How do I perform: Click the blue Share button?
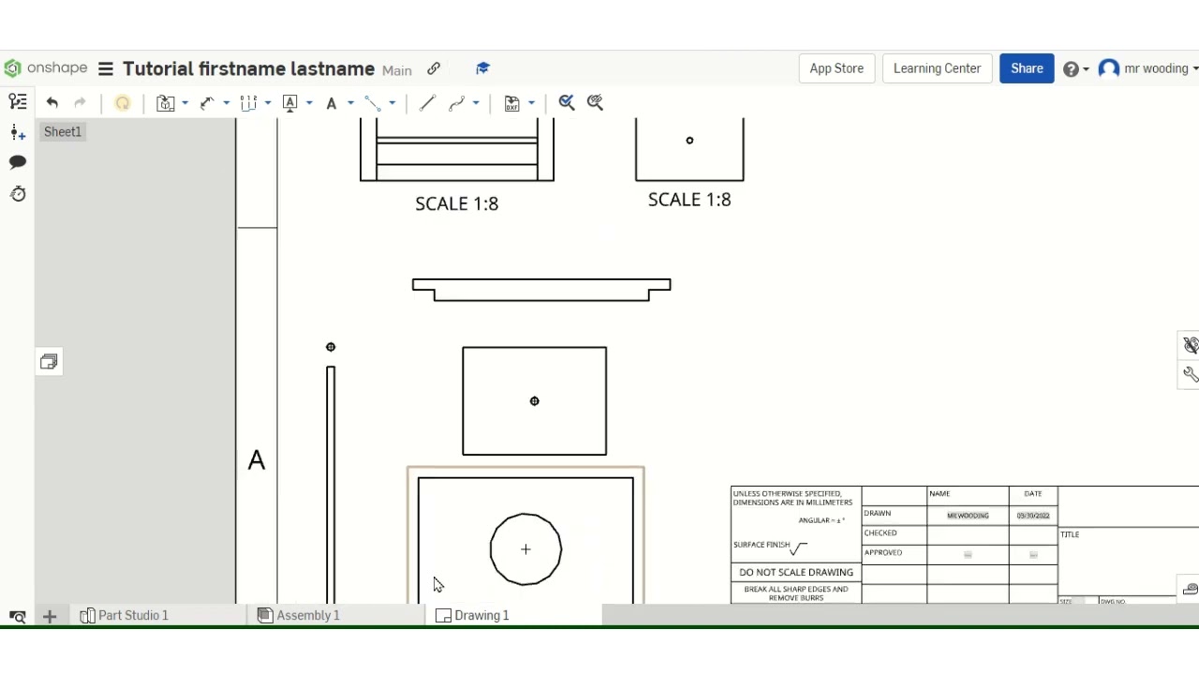click(1027, 68)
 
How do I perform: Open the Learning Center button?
click(937, 68)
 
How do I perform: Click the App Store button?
click(836, 68)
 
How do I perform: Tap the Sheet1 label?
click(63, 132)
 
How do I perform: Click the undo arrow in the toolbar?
click(52, 103)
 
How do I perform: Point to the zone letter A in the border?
click(257, 460)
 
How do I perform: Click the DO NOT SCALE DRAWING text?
click(795, 572)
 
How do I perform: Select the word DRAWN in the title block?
click(878, 514)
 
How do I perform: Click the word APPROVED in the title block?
click(883, 553)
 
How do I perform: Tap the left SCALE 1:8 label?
click(456, 203)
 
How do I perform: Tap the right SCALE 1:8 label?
click(688, 200)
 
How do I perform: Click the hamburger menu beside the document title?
click(106, 68)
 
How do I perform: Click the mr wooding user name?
click(1156, 68)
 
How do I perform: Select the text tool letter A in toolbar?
click(331, 103)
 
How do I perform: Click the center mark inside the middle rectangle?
click(534, 401)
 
